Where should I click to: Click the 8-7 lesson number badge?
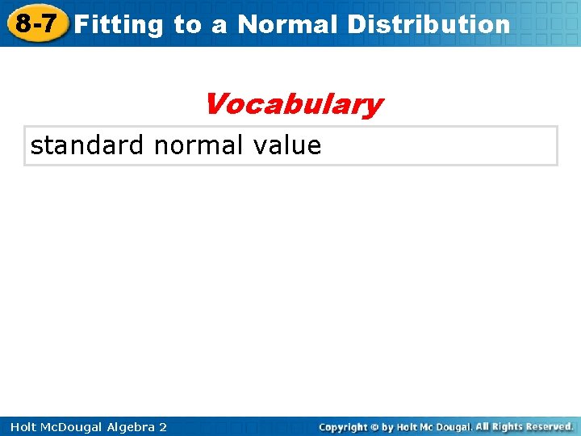pos(35,23)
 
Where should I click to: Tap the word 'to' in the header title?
pos(187,24)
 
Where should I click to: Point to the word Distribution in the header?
pos(428,24)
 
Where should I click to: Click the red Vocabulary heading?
pos(293,104)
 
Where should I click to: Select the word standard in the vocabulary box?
pos(87,145)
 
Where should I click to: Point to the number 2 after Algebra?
pos(163,427)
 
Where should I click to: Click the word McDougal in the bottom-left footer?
pos(65,427)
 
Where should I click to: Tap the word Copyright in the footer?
pos(343,427)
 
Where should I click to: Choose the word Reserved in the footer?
pos(550,426)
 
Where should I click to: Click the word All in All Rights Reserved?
pos(482,426)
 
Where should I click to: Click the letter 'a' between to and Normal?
pos(219,25)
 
